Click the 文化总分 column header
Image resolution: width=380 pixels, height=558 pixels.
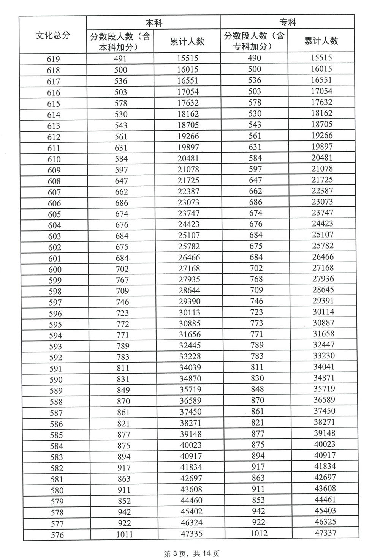click(53, 35)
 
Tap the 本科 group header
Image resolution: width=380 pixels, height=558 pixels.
click(154, 22)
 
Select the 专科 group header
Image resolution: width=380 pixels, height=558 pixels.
click(287, 22)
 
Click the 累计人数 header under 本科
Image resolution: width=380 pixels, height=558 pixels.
click(187, 41)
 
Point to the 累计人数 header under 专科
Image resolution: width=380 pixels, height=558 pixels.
click(321, 41)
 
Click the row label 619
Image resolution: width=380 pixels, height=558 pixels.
click(53, 59)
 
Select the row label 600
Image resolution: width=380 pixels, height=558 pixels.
click(55, 270)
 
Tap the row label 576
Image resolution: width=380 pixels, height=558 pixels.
click(57, 535)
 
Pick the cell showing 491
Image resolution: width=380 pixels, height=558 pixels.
click(120, 59)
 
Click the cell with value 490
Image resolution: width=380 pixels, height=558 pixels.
click(254, 58)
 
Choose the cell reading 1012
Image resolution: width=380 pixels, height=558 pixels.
click(258, 533)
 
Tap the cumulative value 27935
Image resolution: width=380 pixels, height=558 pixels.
click(189, 279)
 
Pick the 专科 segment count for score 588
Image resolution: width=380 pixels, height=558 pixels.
click(257, 400)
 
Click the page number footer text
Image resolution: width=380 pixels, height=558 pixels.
click(192, 554)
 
